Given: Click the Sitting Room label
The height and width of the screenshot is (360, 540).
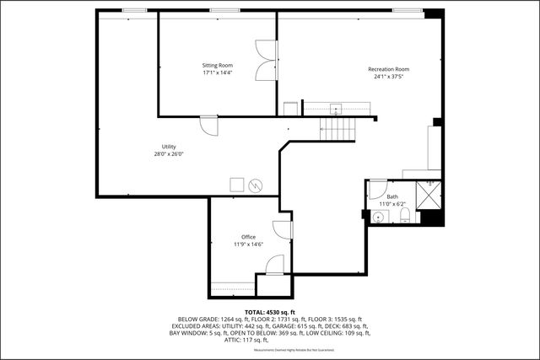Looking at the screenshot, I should [217, 65].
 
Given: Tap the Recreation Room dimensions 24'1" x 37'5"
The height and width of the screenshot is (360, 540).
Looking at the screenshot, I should [388, 77].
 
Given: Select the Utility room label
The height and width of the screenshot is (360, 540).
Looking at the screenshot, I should [168, 147].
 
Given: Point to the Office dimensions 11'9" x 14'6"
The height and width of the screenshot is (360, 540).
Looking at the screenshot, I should [248, 244].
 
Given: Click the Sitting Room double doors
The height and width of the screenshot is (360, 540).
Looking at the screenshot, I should [267, 60].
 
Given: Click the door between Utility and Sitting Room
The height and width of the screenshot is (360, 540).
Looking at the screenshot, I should [208, 126].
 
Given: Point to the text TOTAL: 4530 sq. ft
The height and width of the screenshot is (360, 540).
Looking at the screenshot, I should [269, 312].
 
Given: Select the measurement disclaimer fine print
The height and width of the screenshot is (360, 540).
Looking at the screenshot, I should [270, 350].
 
